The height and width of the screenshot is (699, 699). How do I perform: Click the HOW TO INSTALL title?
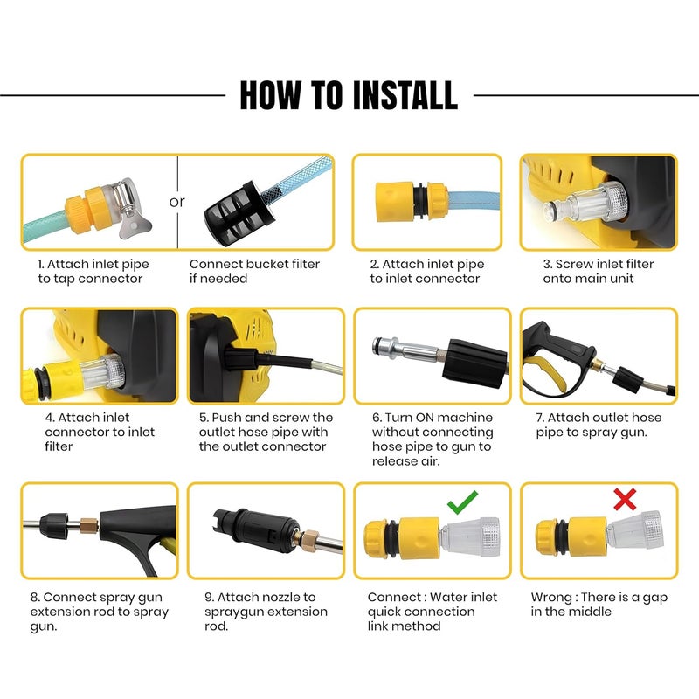pyautogui.click(x=349, y=94)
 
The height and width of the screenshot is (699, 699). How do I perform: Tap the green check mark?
pyautogui.click(x=462, y=502)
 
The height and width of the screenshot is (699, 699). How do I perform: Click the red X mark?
pyautogui.click(x=625, y=500)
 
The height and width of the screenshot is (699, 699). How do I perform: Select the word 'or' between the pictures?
pyautogui.click(x=177, y=202)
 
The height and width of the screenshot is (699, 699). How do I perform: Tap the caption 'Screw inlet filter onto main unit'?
pyautogui.click(x=598, y=271)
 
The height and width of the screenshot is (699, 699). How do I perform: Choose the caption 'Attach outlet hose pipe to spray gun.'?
pyautogui.click(x=599, y=425)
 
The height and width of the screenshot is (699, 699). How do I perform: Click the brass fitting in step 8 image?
pyautogui.click(x=89, y=528)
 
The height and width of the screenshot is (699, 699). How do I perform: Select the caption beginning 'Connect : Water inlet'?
pyautogui.click(x=433, y=611)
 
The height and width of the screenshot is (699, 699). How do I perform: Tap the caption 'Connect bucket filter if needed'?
pyautogui.click(x=254, y=271)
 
